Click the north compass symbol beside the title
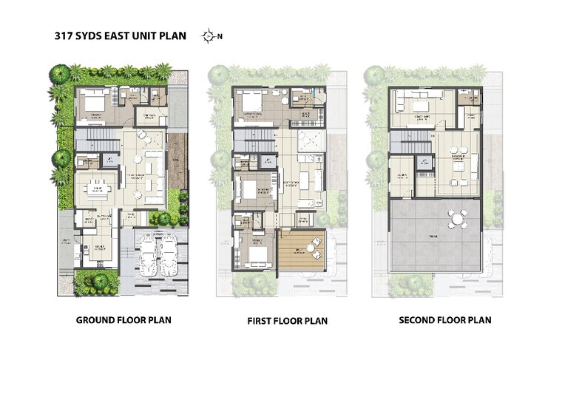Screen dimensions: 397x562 click(x=209, y=35)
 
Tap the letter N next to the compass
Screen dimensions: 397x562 click(x=219, y=35)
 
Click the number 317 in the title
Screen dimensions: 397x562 click(x=64, y=35)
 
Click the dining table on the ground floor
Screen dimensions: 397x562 click(x=96, y=190)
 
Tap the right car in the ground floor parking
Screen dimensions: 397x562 click(x=169, y=256)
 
